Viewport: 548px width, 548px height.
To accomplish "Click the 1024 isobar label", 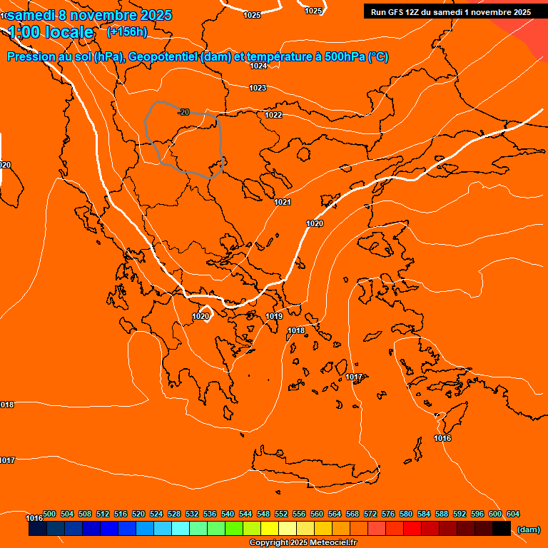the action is pos(258,66).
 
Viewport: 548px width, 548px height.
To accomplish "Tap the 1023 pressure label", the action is pos(258,88).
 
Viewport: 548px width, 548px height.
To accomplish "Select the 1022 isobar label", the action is pos(273,115).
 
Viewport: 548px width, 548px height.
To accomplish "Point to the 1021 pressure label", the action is pos(283,202).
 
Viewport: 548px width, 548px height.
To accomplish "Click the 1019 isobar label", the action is pos(274,316).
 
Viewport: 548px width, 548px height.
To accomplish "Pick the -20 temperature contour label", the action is pos(184,112).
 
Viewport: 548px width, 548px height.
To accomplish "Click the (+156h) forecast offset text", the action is pos(127,31).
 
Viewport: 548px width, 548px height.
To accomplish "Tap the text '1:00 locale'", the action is pos(51,32).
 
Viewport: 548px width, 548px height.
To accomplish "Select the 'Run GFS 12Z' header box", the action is pos(451,11).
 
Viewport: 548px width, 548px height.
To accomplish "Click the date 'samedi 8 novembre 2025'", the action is pos(90,14).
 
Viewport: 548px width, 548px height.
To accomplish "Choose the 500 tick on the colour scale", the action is pos(49,514).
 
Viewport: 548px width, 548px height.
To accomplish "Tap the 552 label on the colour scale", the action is pos(281,514).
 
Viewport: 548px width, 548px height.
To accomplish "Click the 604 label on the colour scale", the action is pos(513,514).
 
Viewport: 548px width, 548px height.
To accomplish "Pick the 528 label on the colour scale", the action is pos(174,514).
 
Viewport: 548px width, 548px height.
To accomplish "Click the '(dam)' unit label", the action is pos(528,529).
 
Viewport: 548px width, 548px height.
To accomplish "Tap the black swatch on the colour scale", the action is pos(502,529).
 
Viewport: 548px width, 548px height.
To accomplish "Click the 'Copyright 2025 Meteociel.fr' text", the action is pos(303,542).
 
